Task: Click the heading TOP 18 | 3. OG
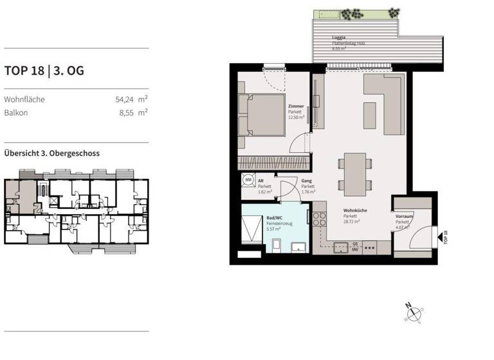pos(44,71)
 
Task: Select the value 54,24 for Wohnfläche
pos(125,100)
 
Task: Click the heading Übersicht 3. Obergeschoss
pos(51,154)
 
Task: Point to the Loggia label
pos(339,37)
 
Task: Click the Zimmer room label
pos(296,106)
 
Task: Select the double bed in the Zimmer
pos(261,115)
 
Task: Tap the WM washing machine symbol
pos(248,181)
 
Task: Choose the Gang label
pos(306,181)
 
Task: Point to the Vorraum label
pos(404,217)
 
